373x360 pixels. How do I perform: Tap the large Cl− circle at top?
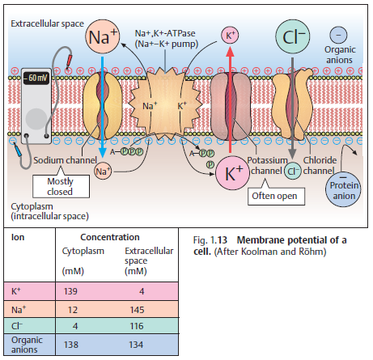coord(292,36)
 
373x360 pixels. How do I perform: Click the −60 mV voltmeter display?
coord(36,79)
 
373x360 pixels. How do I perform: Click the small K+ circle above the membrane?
coord(231,36)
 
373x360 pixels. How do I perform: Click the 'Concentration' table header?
coord(106,238)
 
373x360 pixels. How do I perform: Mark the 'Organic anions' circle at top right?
coord(341,34)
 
